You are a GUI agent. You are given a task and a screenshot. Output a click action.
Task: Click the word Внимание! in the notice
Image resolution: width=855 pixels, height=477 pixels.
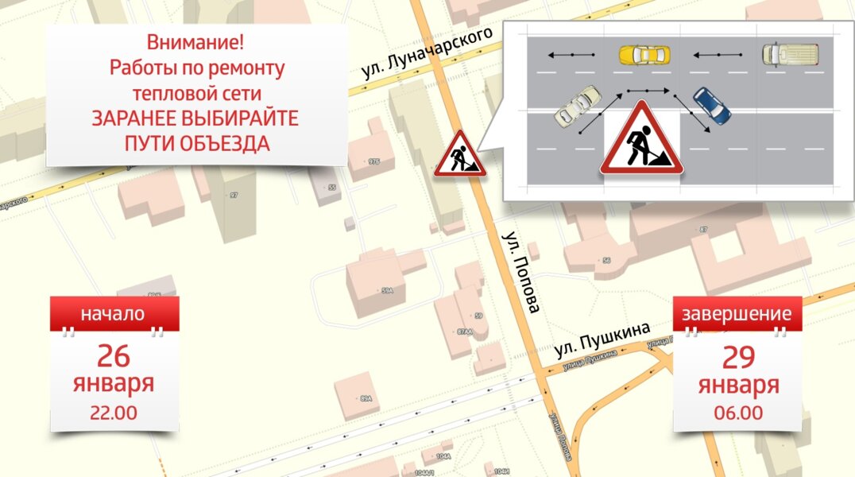196,43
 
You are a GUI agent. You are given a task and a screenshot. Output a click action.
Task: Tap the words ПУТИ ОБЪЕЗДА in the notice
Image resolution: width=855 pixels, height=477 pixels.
196,144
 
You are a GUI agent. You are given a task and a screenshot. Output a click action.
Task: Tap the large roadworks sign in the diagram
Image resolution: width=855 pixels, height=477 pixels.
641,138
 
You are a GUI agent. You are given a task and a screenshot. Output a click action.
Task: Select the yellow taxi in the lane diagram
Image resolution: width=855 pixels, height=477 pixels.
644,55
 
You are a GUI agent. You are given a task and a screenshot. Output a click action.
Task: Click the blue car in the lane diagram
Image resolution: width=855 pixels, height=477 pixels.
710,106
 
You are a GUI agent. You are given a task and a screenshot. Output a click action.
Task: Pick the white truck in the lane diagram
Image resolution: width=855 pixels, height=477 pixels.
790,54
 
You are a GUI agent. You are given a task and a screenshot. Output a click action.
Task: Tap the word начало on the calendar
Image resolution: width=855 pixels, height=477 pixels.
113,313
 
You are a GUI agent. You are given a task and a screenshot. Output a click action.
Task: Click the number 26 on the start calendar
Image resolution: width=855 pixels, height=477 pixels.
114,355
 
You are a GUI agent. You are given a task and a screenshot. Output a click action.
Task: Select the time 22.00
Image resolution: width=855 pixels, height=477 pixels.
114,413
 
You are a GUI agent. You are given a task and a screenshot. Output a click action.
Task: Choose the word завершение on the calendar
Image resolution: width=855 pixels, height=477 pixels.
737,313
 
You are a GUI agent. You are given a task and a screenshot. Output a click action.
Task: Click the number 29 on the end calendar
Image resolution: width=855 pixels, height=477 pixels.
738,357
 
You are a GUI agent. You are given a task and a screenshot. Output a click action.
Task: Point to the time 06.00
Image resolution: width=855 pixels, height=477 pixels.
738,413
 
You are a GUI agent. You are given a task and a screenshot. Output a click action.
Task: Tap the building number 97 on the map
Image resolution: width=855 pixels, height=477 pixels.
233,195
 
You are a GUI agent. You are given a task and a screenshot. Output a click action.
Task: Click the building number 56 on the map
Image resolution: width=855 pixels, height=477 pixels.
606,260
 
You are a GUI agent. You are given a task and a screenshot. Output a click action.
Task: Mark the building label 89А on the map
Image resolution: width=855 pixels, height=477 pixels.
366,397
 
